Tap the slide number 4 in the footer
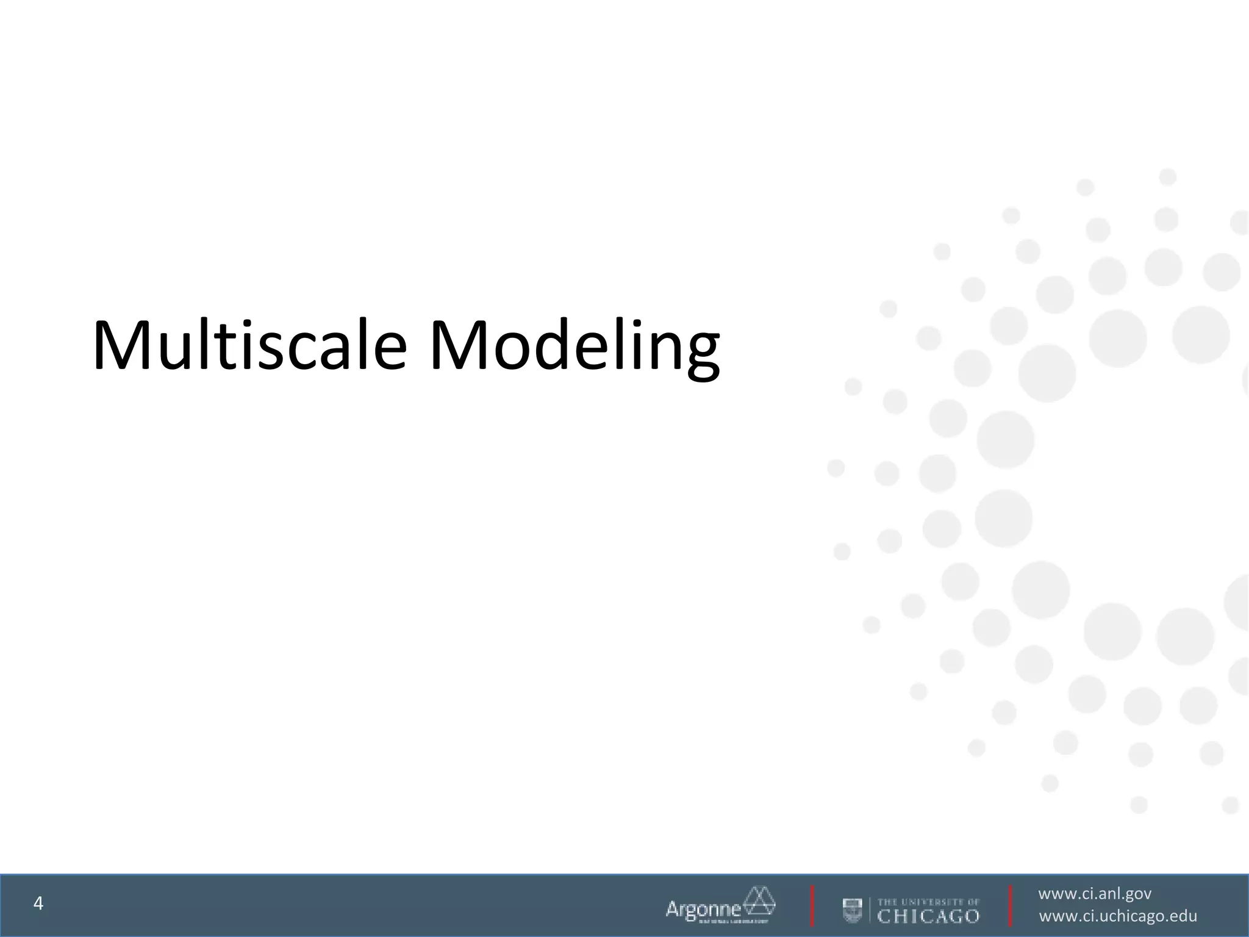pos(38,903)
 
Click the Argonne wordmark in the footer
pos(703,909)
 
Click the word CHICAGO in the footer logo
pos(928,916)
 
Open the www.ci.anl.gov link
pos(1095,894)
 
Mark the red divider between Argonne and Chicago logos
pos(812,906)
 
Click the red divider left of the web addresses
pos(1011,906)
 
